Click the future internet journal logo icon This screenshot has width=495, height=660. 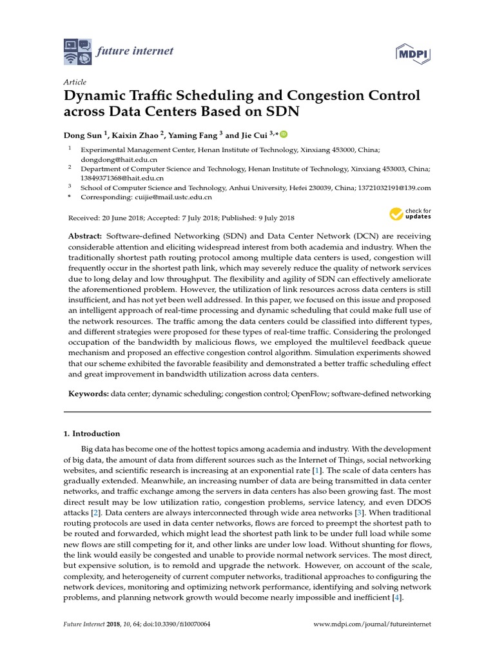(78, 51)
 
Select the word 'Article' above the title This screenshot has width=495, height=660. (75, 82)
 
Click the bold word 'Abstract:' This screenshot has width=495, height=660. (86, 237)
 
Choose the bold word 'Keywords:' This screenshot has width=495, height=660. (88, 393)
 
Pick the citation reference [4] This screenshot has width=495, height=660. (397, 597)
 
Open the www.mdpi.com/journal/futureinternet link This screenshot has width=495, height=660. (372, 625)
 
